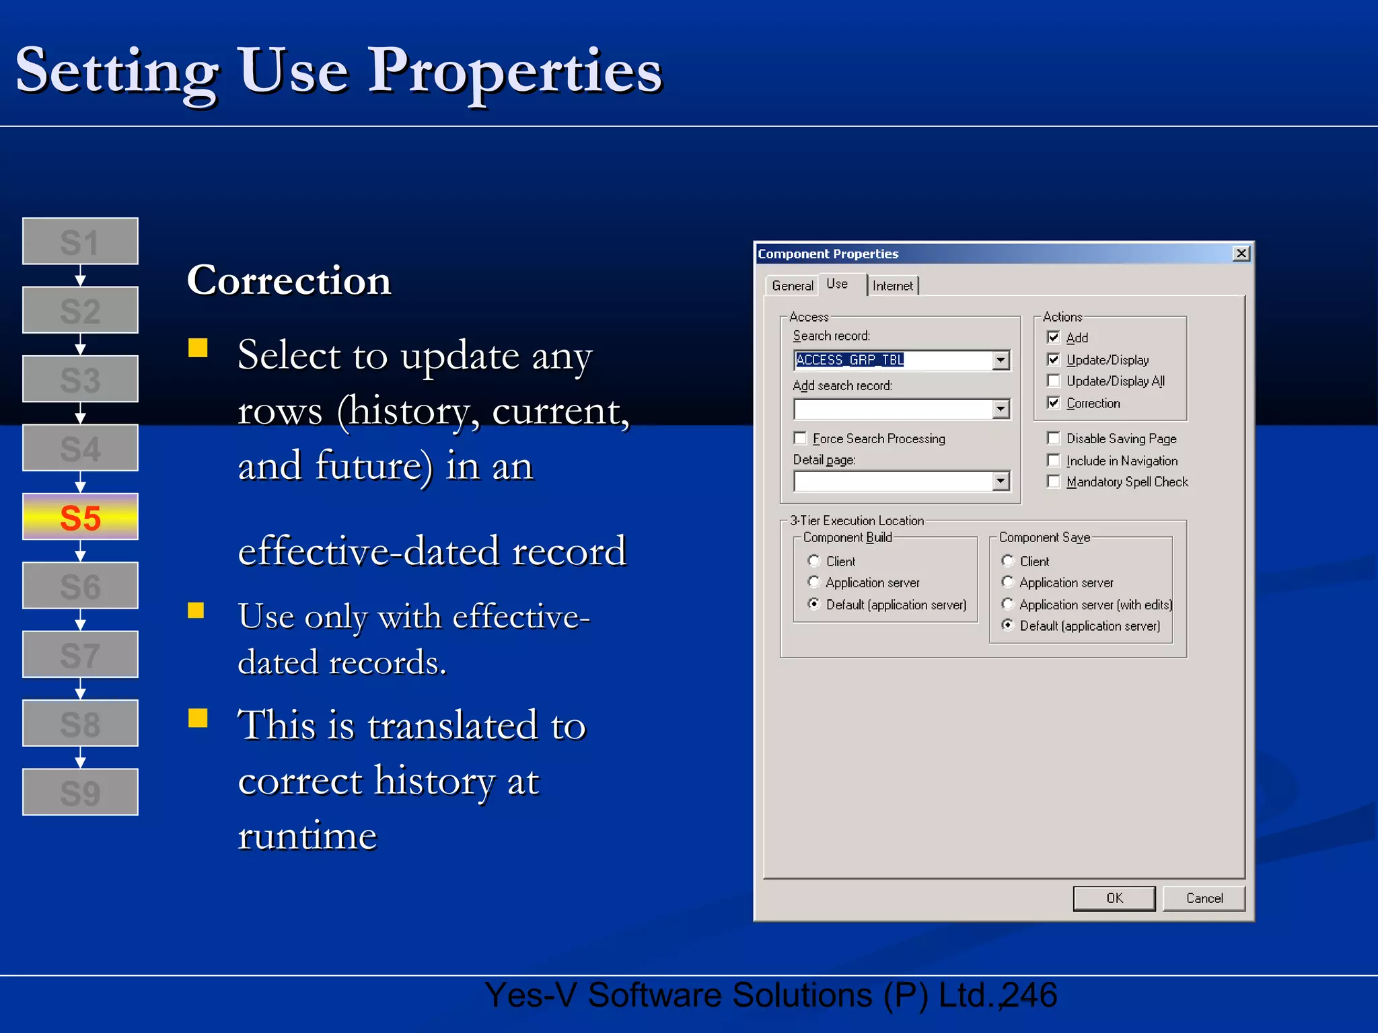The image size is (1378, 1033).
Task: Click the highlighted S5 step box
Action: (x=80, y=516)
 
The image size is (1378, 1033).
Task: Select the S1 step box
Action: (x=80, y=241)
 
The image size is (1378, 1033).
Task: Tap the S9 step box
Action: (x=80, y=792)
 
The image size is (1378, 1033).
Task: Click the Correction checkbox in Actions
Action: (x=1054, y=403)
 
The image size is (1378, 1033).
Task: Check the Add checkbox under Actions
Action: (x=1054, y=337)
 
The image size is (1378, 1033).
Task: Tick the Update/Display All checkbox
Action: (x=1054, y=381)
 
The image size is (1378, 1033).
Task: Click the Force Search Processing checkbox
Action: (x=800, y=438)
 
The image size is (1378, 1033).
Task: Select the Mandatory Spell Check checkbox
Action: (x=1054, y=482)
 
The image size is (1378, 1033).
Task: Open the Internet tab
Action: (x=892, y=286)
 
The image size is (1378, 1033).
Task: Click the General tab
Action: (x=792, y=286)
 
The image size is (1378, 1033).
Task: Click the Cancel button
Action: (x=1204, y=898)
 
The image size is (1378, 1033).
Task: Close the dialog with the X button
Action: (x=1241, y=254)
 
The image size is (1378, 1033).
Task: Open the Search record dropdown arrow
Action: (x=1001, y=360)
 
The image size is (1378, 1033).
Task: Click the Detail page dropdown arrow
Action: (x=1001, y=481)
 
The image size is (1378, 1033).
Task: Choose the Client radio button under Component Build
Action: (x=814, y=561)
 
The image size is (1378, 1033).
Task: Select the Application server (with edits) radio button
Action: (x=1008, y=604)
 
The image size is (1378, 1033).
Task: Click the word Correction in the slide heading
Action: (x=289, y=280)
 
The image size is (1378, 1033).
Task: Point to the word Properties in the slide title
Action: (x=515, y=71)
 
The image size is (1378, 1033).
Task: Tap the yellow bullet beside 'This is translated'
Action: (x=198, y=718)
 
